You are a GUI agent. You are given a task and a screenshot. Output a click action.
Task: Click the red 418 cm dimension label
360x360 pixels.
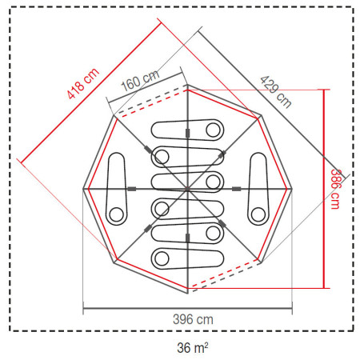coord(83,83)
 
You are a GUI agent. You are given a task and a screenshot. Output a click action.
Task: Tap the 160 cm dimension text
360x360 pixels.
coord(140,80)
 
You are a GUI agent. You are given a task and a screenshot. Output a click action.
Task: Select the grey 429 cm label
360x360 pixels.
coord(276,92)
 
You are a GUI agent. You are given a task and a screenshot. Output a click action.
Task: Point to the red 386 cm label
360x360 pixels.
coord(335,189)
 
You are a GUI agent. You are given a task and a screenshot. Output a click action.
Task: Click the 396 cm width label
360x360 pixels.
coord(193,319)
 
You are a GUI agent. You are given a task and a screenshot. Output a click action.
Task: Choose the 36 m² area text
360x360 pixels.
coord(193,348)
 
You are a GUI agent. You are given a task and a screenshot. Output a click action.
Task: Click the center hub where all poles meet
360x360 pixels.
coord(187,189)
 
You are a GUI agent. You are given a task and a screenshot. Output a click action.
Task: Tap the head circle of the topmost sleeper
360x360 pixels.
coord(213,130)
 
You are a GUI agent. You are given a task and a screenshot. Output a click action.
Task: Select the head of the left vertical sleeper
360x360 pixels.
coord(117,214)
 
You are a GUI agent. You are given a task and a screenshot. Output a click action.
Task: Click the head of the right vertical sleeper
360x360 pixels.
coord(258,214)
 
